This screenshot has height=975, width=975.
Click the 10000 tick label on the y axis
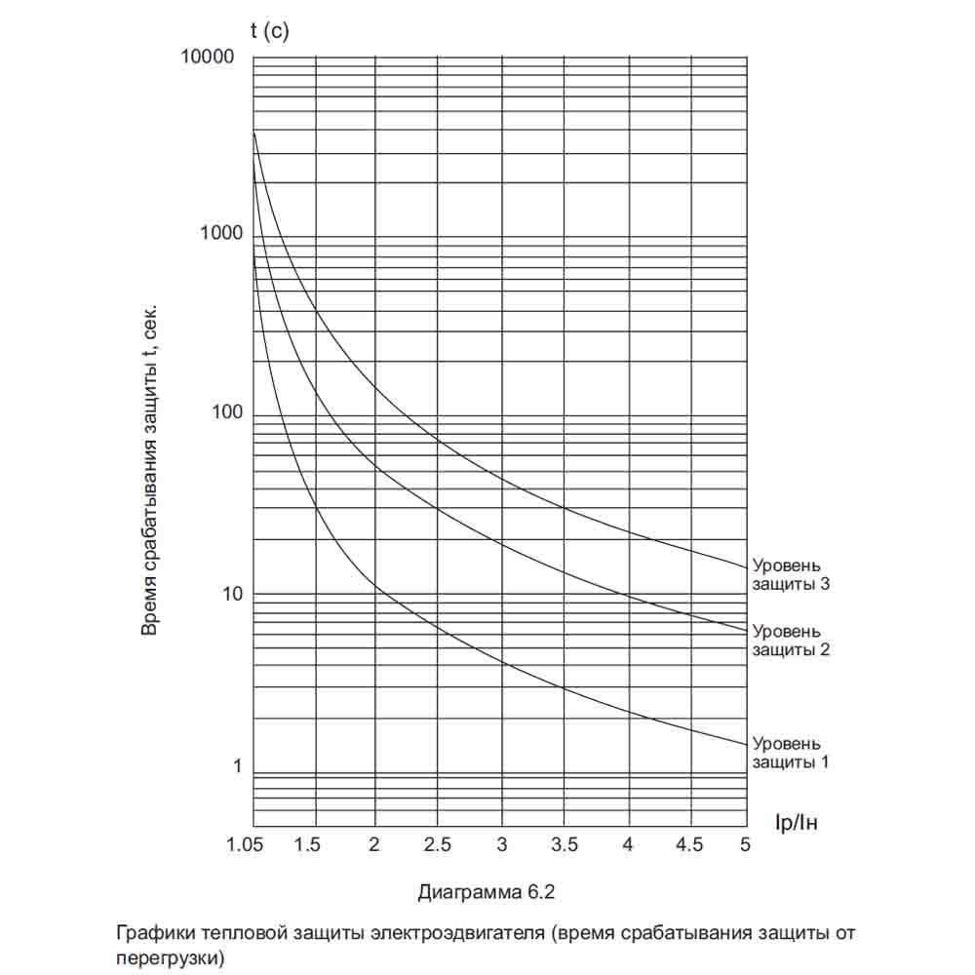[208, 57]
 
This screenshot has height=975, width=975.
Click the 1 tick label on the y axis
[236, 766]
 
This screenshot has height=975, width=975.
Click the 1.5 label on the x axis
[307, 845]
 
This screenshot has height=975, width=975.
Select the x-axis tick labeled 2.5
[438, 845]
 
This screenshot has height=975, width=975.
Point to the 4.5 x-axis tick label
[689, 845]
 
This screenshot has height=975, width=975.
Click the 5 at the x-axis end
[746, 845]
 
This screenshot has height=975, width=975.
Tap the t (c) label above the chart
[270, 31]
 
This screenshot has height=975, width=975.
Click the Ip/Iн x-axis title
[796, 823]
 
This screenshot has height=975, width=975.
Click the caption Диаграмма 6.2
[491, 892]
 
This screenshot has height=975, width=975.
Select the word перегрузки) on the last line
[170, 956]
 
